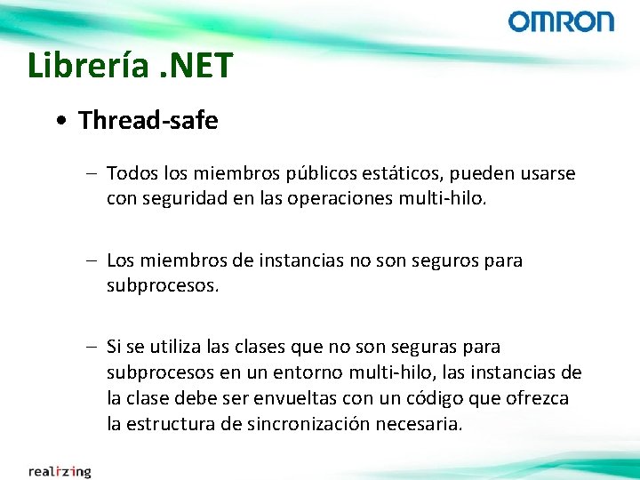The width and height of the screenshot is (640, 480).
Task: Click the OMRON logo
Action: pyautogui.click(x=561, y=22)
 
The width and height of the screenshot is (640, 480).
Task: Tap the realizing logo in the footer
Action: pyautogui.click(x=59, y=471)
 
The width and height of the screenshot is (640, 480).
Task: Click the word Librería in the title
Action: pyautogui.click(x=84, y=66)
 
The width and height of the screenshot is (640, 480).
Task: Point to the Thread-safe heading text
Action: pyautogui.click(x=148, y=121)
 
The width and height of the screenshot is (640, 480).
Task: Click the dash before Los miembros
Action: pyautogui.click(x=93, y=260)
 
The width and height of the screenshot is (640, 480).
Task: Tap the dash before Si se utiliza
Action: pyautogui.click(x=93, y=346)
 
